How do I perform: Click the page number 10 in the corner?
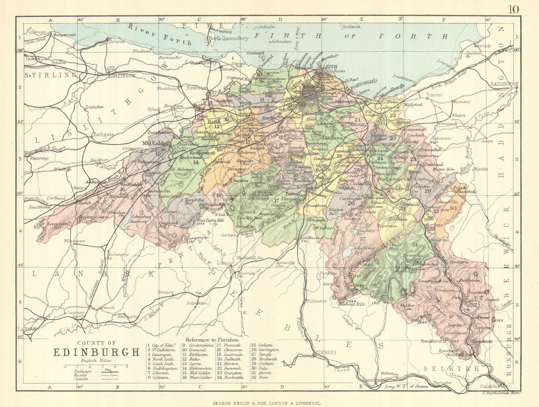513,9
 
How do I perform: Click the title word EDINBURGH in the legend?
97,352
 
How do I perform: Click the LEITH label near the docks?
330,67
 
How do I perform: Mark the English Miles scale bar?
96,365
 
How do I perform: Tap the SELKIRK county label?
451,369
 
